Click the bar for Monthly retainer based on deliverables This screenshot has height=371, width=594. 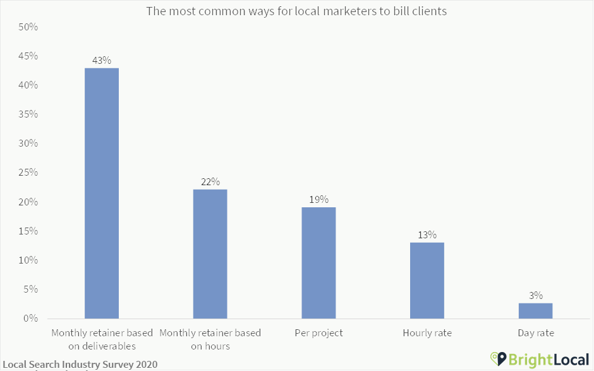point(102,193)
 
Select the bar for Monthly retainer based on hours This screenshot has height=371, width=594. point(210,253)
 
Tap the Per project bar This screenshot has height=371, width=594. point(318,262)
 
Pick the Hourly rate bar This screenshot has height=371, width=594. point(427,280)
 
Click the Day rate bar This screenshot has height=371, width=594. point(535,310)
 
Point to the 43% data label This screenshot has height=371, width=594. point(102,61)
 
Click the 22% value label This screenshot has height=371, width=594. point(210,182)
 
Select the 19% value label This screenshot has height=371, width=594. point(318,200)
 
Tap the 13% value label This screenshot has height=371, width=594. point(427,235)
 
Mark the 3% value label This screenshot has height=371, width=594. point(536,295)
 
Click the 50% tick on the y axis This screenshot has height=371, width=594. point(28,27)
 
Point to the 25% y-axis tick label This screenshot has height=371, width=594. point(28,173)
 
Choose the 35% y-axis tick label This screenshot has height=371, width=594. point(28,114)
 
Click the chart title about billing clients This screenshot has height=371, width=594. point(296,11)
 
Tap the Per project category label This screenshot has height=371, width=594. point(318,333)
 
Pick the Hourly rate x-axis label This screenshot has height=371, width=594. point(427,333)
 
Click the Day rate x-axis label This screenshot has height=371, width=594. point(535,333)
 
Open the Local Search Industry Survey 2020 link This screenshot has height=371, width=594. point(80,365)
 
